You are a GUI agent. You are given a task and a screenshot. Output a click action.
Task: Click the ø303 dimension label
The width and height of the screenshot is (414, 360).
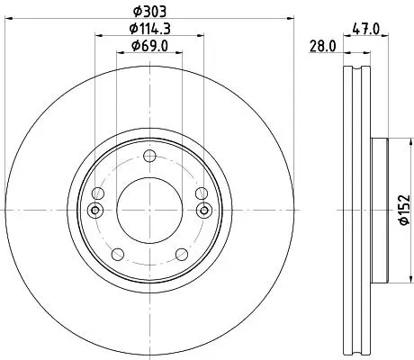(x=149, y=12)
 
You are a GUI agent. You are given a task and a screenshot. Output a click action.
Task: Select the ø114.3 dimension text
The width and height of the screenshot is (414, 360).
(x=149, y=29)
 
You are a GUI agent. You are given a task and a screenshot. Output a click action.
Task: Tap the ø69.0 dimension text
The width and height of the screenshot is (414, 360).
(x=149, y=46)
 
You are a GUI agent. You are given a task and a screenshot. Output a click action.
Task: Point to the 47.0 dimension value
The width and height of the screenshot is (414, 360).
(x=366, y=30)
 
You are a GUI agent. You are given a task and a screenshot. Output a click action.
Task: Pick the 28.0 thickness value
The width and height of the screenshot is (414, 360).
(x=322, y=47)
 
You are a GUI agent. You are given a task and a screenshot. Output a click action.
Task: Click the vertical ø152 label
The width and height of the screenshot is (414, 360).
(x=404, y=210)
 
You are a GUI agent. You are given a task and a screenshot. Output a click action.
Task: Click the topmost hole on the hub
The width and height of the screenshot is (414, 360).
(x=149, y=156)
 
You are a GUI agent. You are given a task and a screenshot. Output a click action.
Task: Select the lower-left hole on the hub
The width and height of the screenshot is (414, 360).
(x=118, y=255)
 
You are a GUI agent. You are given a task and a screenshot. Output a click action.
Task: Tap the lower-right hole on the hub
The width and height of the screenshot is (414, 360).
(x=182, y=255)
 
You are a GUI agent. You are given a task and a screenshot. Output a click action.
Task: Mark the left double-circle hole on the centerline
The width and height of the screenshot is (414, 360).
(x=95, y=210)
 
